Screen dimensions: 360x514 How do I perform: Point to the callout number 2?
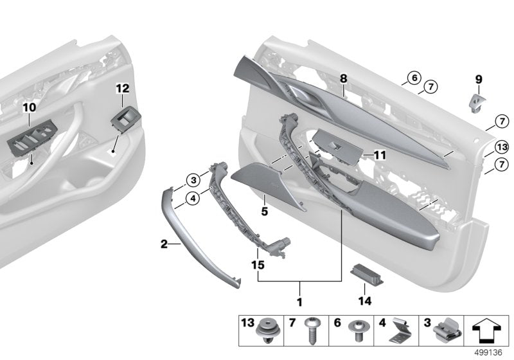pos(164,244)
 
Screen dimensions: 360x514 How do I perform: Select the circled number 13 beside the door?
pos(501,147)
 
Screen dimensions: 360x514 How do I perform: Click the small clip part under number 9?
pos(477,101)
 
